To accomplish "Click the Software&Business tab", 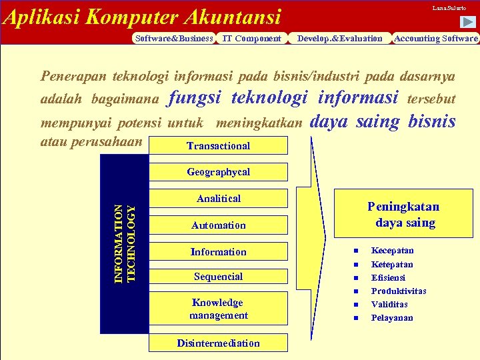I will pyautogui.click(x=173, y=39).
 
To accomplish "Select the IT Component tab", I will pyautogui.click(x=251, y=39).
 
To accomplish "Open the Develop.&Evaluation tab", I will pyautogui.click(x=339, y=39).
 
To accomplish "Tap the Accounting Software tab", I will pyautogui.click(x=436, y=39).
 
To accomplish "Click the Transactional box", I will pyautogui.click(x=218, y=145).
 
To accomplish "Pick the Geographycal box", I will pyautogui.click(x=218, y=172).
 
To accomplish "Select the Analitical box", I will pyautogui.click(x=218, y=199).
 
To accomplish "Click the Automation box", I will pyautogui.click(x=218, y=225).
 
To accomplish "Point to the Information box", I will pyautogui.click(x=218, y=252).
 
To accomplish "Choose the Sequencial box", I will pyautogui.click(x=218, y=277).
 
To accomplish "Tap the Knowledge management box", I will pyautogui.click(x=218, y=309).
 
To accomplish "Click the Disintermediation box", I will pyautogui.click(x=218, y=343).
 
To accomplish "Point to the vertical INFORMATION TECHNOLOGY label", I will pyautogui.click(x=125, y=243).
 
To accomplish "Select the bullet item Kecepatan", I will pyautogui.click(x=392, y=251).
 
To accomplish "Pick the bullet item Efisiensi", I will pyautogui.click(x=388, y=277).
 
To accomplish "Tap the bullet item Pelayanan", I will pyautogui.click(x=392, y=317).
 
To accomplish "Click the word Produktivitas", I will pyautogui.click(x=399, y=291).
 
